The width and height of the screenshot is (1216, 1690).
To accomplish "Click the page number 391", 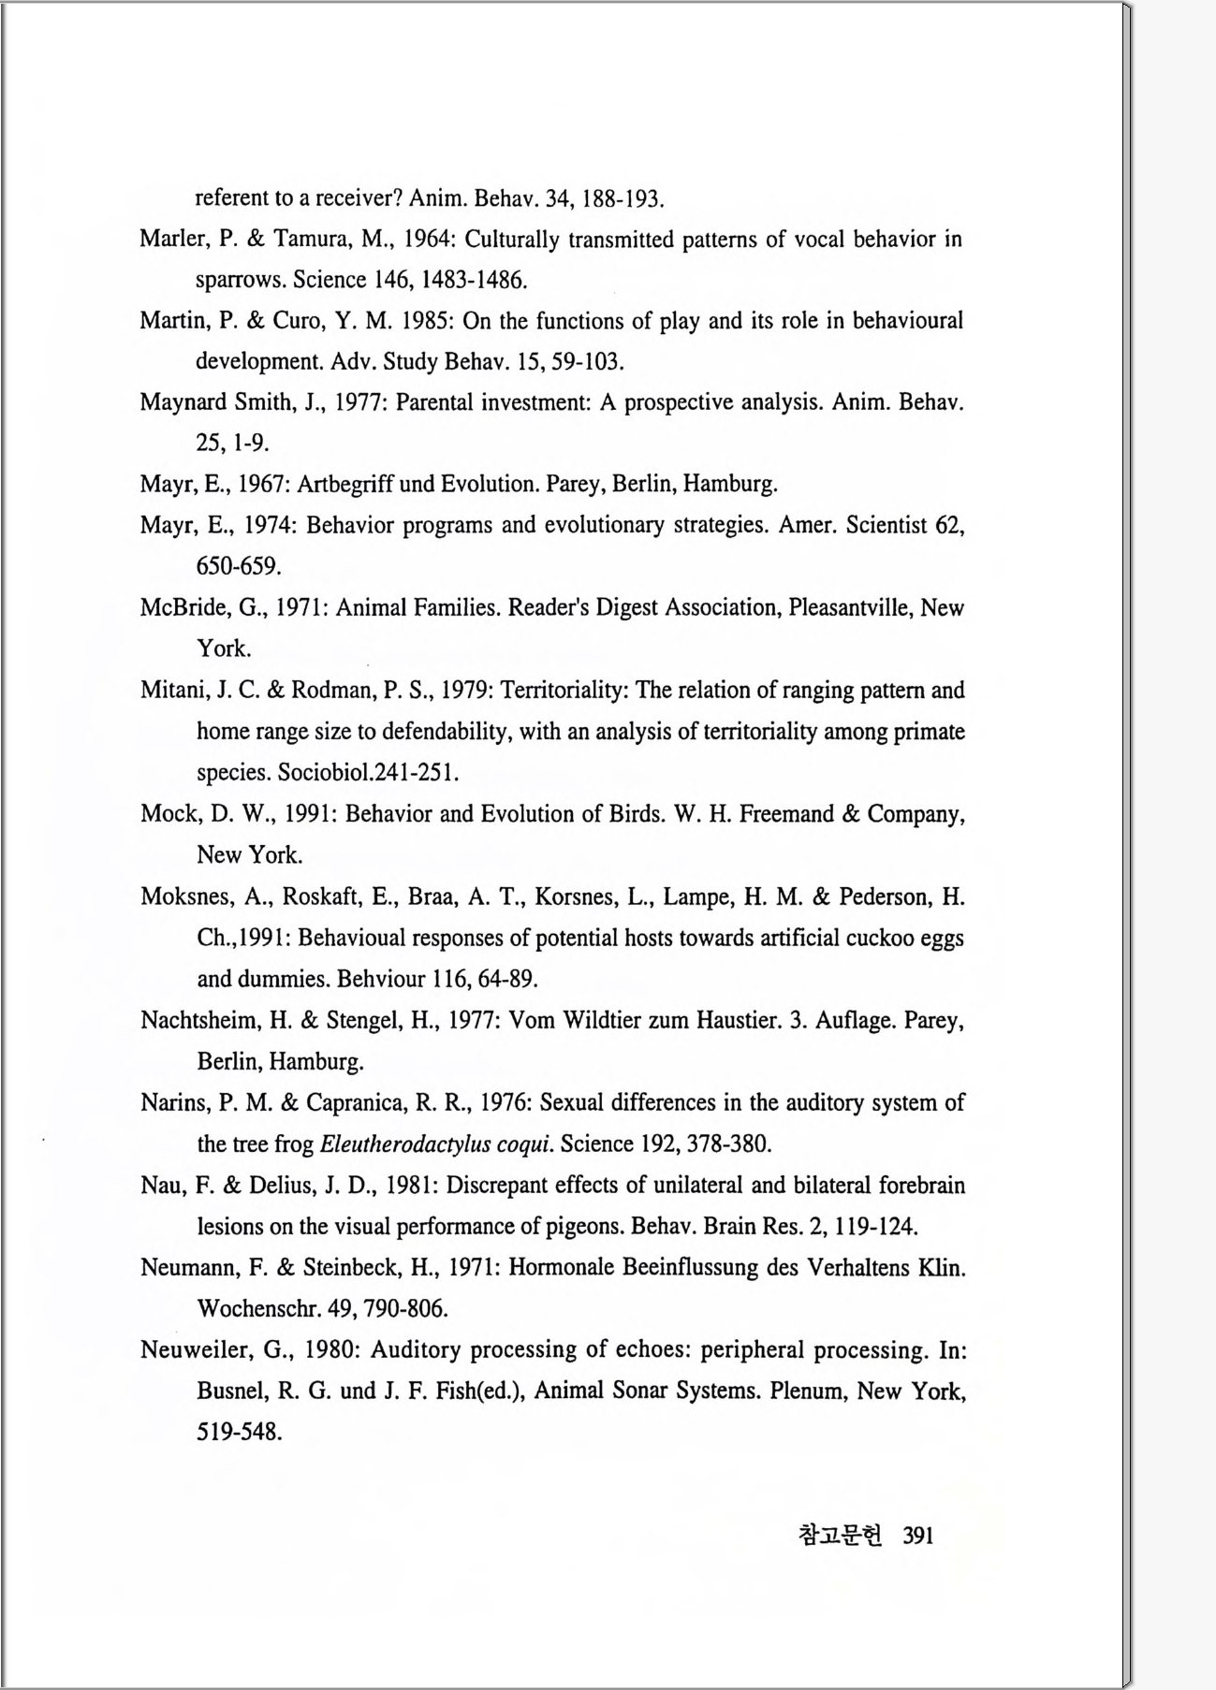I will pyautogui.click(x=918, y=1536).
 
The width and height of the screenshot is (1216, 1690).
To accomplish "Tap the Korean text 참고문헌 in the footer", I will pyautogui.click(x=840, y=1536).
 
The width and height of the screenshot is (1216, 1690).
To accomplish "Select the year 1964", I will pyautogui.click(x=428, y=240).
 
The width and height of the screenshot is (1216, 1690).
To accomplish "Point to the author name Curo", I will pyautogui.click(x=297, y=321).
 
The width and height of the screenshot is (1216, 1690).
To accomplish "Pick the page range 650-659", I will pyautogui.click(x=239, y=566).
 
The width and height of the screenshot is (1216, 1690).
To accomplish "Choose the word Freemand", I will pyautogui.click(x=786, y=814).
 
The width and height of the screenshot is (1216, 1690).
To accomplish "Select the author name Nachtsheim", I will pyautogui.click(x=199, y=1020).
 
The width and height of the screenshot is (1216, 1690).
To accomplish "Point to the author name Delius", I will pyautogui.click(x=281, y=1186).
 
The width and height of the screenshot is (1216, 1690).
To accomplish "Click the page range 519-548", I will pyautogui.click(x=239, y=1432).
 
